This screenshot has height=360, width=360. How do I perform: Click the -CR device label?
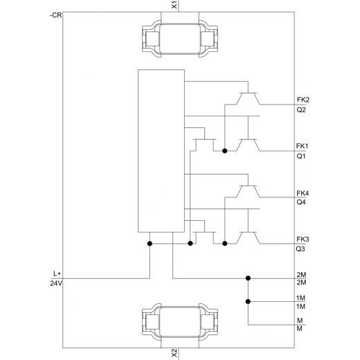[55, 15]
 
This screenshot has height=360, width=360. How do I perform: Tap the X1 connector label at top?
[174, 5]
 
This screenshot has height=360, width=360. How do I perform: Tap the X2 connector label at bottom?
[174, 353]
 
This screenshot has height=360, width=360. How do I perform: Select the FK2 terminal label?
[303, 100]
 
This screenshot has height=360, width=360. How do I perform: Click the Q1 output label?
[301, 156]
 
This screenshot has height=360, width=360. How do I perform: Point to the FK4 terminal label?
[303, 193]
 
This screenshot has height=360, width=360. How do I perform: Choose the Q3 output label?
[300, 249]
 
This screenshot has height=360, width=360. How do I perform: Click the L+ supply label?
[57, 274]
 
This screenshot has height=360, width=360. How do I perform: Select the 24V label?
[56, 283]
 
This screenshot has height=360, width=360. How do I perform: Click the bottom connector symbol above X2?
[180, 322]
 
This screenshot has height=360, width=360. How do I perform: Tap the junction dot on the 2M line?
[248, 278]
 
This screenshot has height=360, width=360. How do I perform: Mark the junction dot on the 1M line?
[248, 301]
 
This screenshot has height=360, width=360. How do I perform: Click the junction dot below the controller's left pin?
[150, 244]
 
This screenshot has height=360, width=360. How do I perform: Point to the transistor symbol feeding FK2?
[248, 98]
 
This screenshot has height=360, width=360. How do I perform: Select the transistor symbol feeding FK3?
[248, 237]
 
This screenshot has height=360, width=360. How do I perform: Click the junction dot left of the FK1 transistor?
[225, 151]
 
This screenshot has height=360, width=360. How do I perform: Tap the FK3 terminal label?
[303, 240]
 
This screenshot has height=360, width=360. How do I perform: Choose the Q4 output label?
[301, 202]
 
